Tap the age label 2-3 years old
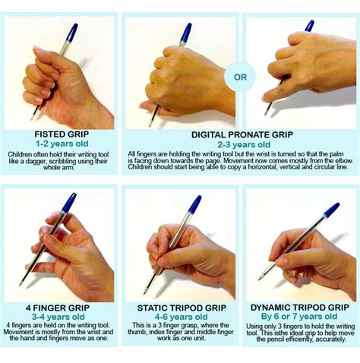point(241,144)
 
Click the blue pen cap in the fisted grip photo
point(71,32)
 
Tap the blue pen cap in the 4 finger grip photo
point(68,203)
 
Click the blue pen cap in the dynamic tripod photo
point(331,210)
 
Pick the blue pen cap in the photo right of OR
point(309,26)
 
